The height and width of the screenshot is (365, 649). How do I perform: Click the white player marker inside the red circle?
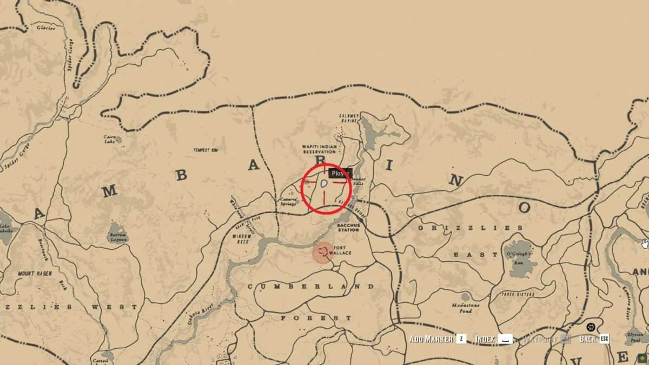[x=323, y=184]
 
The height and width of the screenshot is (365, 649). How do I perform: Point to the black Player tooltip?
[x=340, y=174]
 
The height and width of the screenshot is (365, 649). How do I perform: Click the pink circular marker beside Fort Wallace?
[x=324, y=253]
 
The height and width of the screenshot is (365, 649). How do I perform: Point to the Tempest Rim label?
[x=204, y=150]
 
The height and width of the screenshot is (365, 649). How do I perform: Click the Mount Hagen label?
[x=35, y=273]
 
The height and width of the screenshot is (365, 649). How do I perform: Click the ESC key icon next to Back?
[x=604, y=339]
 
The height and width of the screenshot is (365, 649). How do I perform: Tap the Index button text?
[x=485, y=339]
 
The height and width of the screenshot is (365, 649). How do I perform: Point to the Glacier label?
[x=46, y=28]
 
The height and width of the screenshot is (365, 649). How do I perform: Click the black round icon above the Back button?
[x=591, y=327]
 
